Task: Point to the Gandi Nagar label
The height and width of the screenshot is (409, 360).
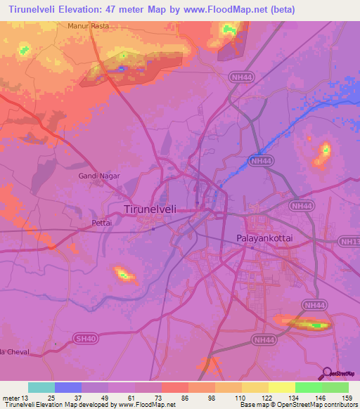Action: (99, 176)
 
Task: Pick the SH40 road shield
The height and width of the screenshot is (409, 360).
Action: (84, 339)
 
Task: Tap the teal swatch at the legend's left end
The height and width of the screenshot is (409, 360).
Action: (41, 387)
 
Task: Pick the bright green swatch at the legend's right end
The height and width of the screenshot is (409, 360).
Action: (335, 387)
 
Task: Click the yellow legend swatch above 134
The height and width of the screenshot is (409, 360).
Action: (281, 387)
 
